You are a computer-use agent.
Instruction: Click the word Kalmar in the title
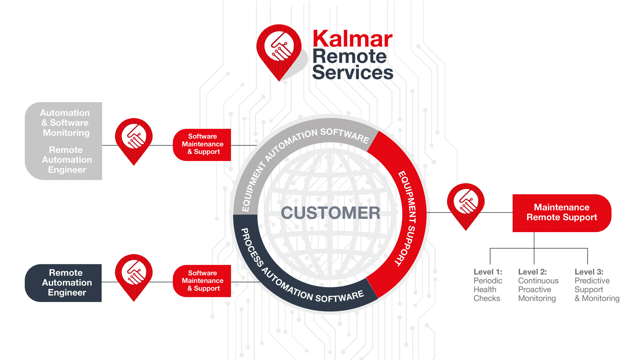(x=352, y=39)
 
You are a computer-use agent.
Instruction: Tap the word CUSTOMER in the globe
(x=331, y=213)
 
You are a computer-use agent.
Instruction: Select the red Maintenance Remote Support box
(x=562, y=212)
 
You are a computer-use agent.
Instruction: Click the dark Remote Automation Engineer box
(x=64, y=283)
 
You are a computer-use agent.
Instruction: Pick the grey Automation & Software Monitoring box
(x=64, y=141)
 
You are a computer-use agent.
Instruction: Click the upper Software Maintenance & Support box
(x=202, y=144)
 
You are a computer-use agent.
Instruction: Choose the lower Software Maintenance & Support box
(x=202, y=281)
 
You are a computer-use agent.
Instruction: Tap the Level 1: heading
(x=488, y=272)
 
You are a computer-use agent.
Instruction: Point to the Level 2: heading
(x=532, y=272)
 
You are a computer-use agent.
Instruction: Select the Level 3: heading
(x=589, y=272)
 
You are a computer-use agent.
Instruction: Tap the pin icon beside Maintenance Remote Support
(x=466, y=203)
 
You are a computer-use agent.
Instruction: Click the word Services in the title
(x=352, y=73)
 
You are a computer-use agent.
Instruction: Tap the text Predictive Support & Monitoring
(x=596, y=290)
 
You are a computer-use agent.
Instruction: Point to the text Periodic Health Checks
(x=487, y=290)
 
